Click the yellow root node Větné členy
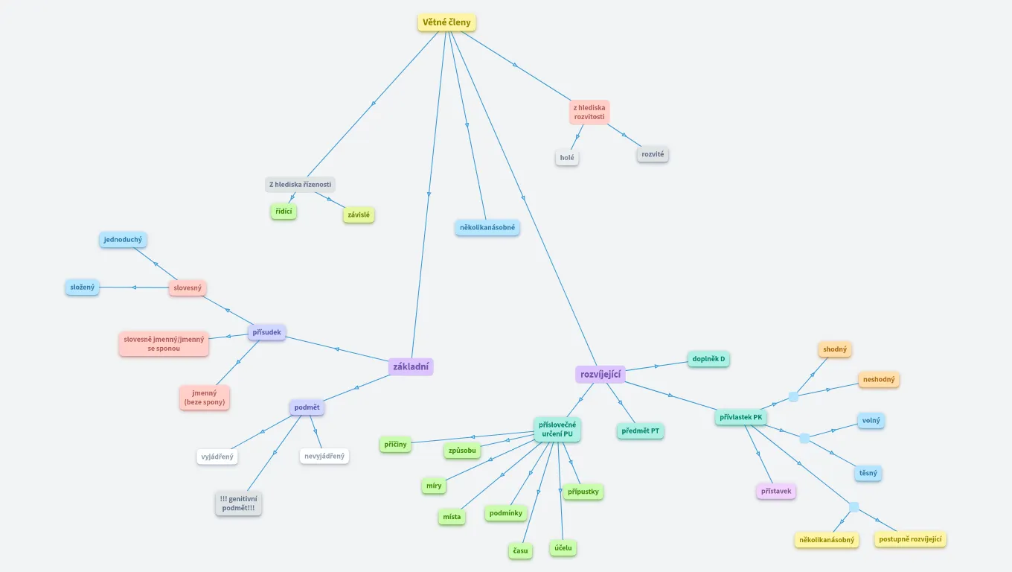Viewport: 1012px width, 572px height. (x=446, y=22)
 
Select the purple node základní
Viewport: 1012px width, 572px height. (x=411, y=366)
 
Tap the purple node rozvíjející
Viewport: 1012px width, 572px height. (x=601, y=375)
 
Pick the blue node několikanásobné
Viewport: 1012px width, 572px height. (x=487, y=227)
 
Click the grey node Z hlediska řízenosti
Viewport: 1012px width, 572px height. (x=300, y=185)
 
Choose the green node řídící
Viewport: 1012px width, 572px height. (x=284, y=212)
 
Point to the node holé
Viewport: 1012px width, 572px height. (x=567, y=158)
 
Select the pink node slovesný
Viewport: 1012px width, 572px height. (x=188, y=287)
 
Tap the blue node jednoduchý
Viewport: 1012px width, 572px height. (x=123, y=240)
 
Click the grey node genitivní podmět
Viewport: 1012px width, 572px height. (x=239, y=503)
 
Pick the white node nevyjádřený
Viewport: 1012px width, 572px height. (x=324, y=456)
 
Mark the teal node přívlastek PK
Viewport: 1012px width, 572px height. (x=740, y=417)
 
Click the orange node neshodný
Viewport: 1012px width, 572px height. (x=879, y=379)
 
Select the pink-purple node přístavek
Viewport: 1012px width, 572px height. (x=776, y=491)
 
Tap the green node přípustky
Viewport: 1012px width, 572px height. (x=583, y=492)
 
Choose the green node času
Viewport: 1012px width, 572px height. (x=520, y=550)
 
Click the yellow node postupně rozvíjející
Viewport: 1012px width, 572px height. (x=910, y=539)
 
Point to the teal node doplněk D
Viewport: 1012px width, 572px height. (x=708, y=359)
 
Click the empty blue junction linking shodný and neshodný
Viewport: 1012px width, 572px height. (x=793, y=396)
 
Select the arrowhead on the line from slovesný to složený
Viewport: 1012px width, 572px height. (x=134, y=287)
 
